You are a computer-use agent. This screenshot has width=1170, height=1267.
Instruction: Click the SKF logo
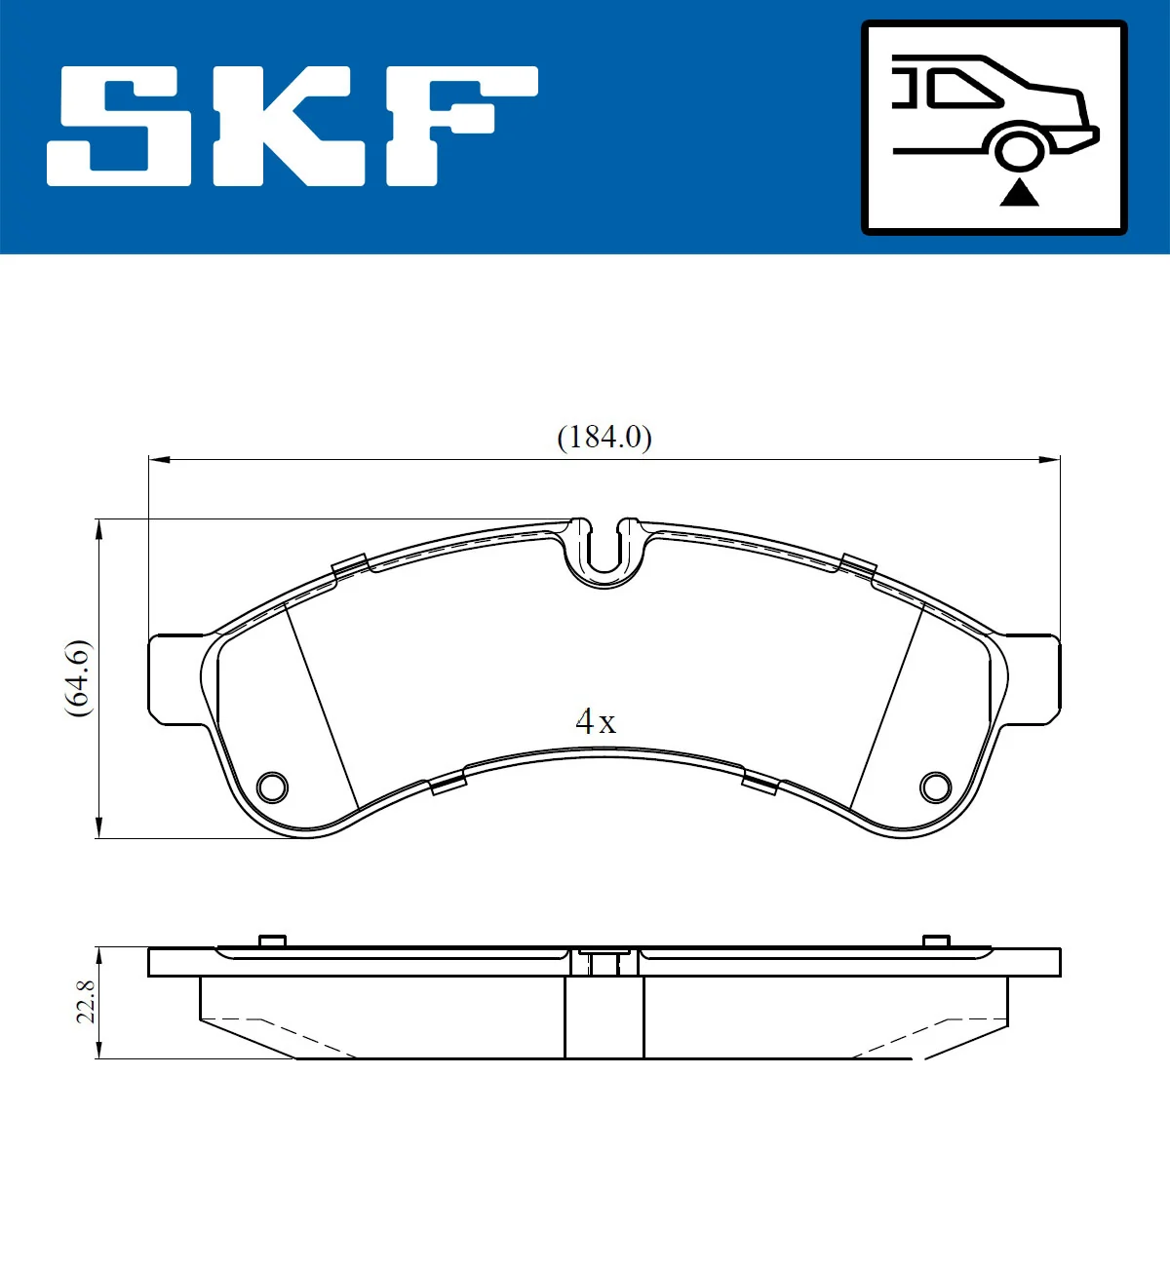pos(292,126)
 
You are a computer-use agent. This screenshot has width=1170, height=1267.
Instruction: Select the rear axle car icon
pos(994,128)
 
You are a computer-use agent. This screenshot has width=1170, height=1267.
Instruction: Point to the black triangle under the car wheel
pos(1019,193)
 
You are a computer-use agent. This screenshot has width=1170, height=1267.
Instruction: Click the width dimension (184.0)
pos(604,438)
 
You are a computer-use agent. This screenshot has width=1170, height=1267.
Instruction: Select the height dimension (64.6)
pos(78,678)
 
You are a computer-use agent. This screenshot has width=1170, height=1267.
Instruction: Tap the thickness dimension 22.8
pos(86,1002)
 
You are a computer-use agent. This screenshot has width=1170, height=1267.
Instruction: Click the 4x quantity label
pos(596,722)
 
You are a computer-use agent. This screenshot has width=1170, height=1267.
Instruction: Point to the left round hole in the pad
pos(272,787)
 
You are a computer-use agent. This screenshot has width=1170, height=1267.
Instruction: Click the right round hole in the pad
pos(935,787)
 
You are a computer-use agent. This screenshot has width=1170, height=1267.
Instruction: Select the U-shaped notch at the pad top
pos(604,554)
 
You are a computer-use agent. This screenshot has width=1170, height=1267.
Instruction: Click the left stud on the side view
pos(272,941)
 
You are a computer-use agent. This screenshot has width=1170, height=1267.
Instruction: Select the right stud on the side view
pos(936,941)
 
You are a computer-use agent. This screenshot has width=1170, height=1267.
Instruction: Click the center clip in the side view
pos(604,961)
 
